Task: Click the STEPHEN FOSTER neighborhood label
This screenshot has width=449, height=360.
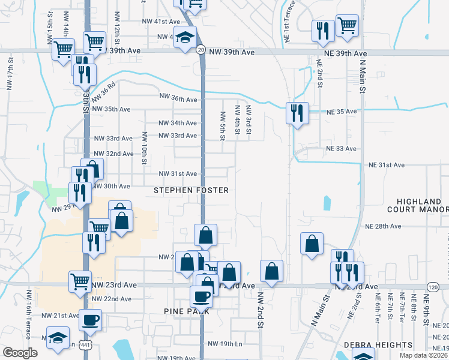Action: (191, 190)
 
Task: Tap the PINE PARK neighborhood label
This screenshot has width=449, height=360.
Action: (186, 311)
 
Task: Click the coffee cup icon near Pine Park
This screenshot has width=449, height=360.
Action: (202, 295)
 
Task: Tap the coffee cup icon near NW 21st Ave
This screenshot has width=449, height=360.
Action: (91, 320)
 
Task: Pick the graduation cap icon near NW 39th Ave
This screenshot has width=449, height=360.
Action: (185, 36)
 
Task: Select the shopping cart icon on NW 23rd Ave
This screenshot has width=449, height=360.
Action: (80, 281)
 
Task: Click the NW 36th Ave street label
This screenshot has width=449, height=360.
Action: (178, 98)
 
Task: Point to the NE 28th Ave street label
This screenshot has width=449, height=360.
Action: (383, 226)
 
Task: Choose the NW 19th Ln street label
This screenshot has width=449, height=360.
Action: (224, 344)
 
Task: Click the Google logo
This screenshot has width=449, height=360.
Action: (20, 353)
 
